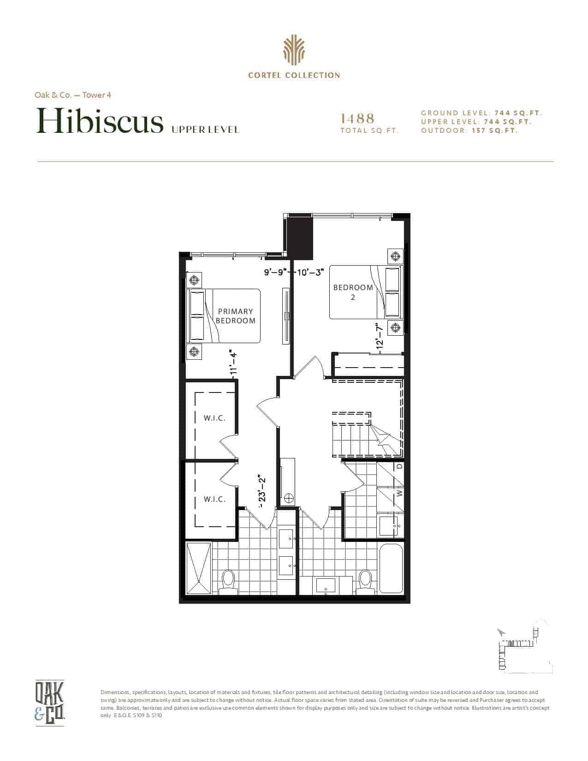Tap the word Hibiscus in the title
[x=100, y=121]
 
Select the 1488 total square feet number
[x=357, y=119]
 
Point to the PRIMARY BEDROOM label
[x=235, y=316]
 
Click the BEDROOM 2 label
[x=353, y=292]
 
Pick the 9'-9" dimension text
[x=276, y=272]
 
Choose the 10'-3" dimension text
[x=311, y=272]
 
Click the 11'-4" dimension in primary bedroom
[x=234, y=363]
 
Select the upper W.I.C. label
[x=214, y=418]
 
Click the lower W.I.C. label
[x=214, y=499]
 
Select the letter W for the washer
[x=399, y=493]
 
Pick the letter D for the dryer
[x=399, y=467]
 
